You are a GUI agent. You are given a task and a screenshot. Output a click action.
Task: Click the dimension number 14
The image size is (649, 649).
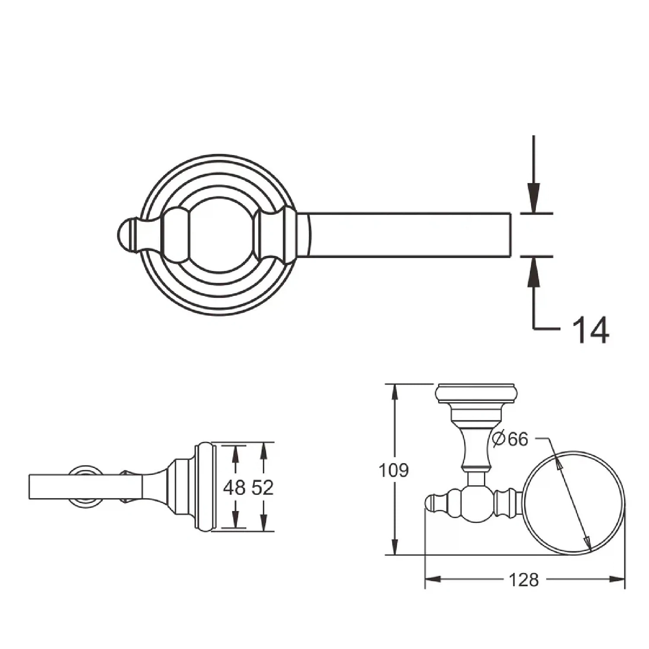point(591,330)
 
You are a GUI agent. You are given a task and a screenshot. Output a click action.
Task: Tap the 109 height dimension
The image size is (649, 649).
point(393,470)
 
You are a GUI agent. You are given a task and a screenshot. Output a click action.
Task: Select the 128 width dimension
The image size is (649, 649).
point(524,580)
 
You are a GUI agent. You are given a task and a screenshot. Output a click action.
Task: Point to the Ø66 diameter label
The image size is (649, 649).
point(511,439)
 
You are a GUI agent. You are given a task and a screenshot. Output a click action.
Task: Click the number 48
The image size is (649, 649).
point(234,488)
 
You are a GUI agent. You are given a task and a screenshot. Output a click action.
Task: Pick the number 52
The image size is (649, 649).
point(263,488)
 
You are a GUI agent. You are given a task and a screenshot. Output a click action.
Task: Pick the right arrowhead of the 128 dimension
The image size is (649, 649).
point(618,579)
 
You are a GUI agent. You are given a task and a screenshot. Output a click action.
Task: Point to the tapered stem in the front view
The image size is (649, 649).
point(476,450)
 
